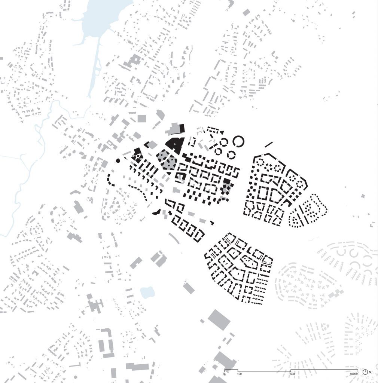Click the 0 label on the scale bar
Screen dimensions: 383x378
tap(225, 374)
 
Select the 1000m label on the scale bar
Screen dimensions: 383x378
tap(354, 374)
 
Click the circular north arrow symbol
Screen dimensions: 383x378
tap(365, 372)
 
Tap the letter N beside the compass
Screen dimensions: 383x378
tap(370, 372)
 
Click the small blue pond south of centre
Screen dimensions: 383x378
tap(147, 292)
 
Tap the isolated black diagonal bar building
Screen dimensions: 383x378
tap(268, 144)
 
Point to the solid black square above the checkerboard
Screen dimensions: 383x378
tap(226, 182)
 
